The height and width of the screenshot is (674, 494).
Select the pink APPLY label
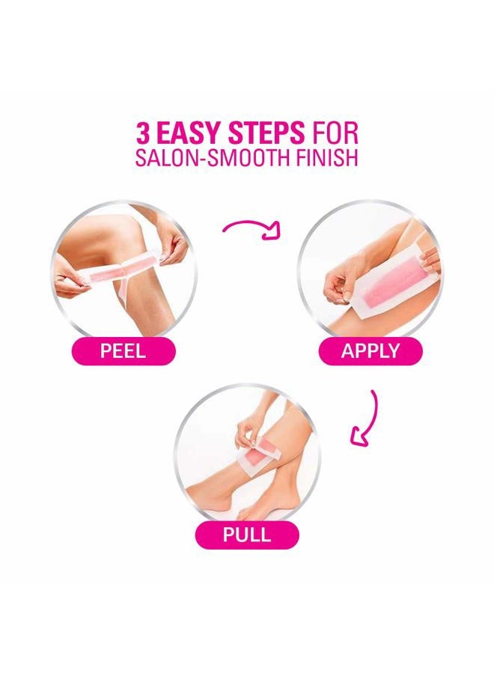click(370, 350)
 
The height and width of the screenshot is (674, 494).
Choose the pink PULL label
click(246, 535)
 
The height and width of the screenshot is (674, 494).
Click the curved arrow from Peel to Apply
click(251, 225)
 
